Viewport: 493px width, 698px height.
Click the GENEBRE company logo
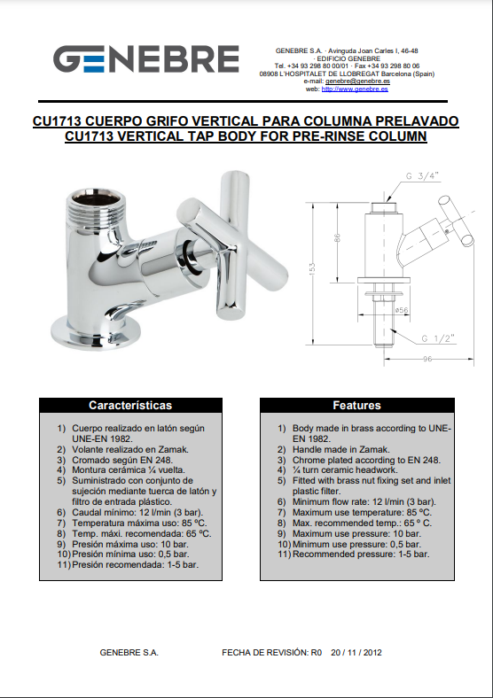(x=145, y=58)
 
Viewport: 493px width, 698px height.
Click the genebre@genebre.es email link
(x=357, y=81)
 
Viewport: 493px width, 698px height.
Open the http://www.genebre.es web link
(x=355, y=89)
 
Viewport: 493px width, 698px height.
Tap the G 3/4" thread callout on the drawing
(x=422, y=176)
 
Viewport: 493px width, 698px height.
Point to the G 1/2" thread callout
(x=438, y=338)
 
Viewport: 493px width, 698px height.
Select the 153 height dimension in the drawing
(x=312, y=268)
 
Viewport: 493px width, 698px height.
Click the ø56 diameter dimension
(x=401, y=310)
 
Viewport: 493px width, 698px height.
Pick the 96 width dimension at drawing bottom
(x=427, y=359)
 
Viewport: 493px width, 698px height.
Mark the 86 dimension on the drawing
(x=338, y=237)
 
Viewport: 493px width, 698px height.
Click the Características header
(x=130, y=405)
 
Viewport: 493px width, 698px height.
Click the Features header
(x=357, y=405)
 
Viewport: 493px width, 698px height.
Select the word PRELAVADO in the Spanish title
(x=417, y=121)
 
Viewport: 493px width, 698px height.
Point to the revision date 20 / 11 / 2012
(x=356, y=653)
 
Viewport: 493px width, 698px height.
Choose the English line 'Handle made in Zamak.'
(x=341, y=450)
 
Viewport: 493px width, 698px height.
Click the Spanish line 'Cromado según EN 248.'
(x=122, y=460)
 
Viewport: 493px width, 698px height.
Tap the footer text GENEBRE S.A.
(x=129, y=653)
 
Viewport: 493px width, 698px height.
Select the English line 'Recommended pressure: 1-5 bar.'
(x=361, y=555)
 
